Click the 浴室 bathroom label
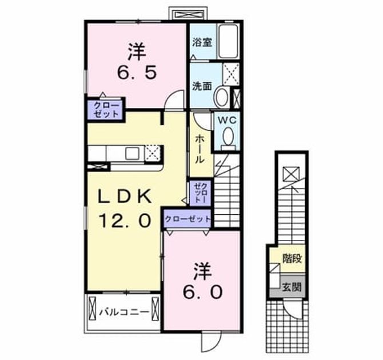(x=202, y=42)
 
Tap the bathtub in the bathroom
(x=229, y=41)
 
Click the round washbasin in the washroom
(x=221, y=97)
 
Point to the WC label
(x=227, y=120)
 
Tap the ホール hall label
(x=200, y=149)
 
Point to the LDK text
(x=124, y=197)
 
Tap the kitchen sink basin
(x=132, y=153)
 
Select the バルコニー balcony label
(x=124, y=312)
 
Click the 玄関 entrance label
(x=292, y=287)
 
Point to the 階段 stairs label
(x=292, y=259)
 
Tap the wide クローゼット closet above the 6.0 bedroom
(x=187, y=219)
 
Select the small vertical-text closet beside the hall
(x=200, y=194)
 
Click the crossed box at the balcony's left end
(x=93, y=308)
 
